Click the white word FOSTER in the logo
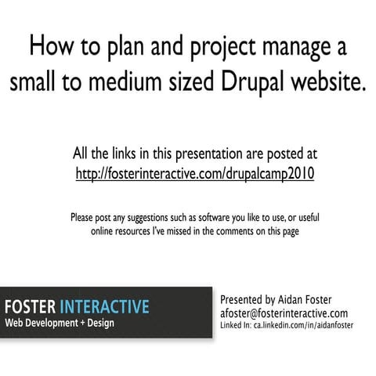[x=31, y=305]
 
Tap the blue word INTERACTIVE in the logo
[x=104, y=305]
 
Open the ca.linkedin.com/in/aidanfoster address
[x=306, y=324]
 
